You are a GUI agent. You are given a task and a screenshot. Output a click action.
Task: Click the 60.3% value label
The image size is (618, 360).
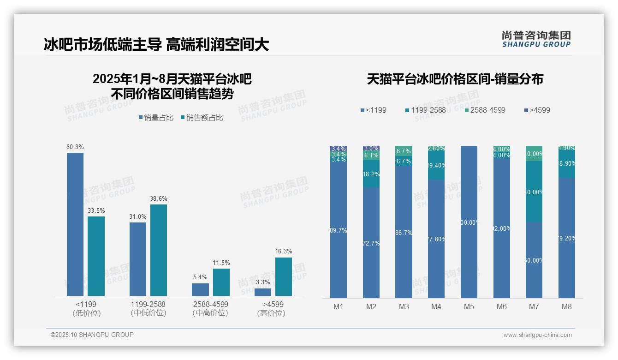click(x=75, y=147)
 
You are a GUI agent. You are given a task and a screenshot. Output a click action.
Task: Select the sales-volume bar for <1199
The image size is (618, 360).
click(x=75, y=224)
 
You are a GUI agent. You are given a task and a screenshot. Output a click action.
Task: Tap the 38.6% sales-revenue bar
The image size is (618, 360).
click(x=159, y=250)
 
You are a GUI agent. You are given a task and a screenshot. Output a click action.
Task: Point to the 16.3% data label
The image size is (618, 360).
click(x=284, y=252)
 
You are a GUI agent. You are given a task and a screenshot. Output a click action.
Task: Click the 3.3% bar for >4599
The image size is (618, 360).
click(x=263, y=292)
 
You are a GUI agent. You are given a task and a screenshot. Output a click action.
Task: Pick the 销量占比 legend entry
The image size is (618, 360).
click(x=156, y=118)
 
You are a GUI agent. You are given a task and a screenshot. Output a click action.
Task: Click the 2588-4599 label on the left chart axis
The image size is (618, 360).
click(x=210, y=305)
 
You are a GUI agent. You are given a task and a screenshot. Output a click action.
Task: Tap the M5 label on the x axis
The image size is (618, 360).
click(x=469, y=306)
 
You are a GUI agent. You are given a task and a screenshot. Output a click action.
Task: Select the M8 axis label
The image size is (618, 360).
click(x=567, y=306)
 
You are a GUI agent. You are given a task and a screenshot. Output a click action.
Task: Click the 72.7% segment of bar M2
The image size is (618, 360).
click(x=371, y=242)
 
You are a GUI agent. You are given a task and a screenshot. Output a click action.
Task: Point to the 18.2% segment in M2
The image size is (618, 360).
click(x=371, y=174)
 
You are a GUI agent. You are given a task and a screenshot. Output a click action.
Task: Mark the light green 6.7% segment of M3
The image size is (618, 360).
click(x=404, y=151)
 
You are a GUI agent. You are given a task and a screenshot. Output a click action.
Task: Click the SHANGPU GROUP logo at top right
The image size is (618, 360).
click(x=536, y=39)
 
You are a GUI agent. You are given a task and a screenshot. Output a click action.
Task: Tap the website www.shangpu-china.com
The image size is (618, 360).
click(x=537, y=335)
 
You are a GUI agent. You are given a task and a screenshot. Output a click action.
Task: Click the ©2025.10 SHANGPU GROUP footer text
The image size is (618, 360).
click(x=92, y=335)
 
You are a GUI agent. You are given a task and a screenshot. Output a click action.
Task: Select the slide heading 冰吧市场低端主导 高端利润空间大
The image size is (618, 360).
click(x=156, y=45)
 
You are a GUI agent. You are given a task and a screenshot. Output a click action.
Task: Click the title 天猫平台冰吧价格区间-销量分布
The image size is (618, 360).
click(x=455, y=79)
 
